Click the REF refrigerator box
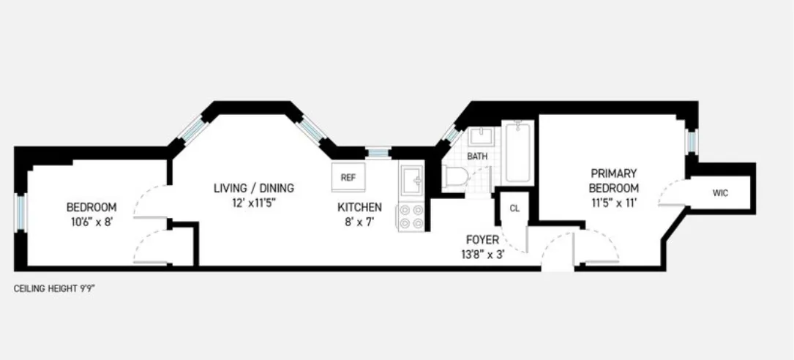tap(348, 177)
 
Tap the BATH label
tap(477, 156)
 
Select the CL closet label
tap(514, 208)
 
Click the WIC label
tap(720, 193)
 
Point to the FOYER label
tap(482, 239)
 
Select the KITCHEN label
tap(359, 207)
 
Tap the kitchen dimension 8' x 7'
tap(359, 222)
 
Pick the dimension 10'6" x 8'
tap(91, 222)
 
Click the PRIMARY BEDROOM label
tap(615, 181)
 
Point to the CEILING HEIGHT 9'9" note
tap(55, 288)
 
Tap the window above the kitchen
tap(378, 152)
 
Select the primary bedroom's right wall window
tap(691, 140)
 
